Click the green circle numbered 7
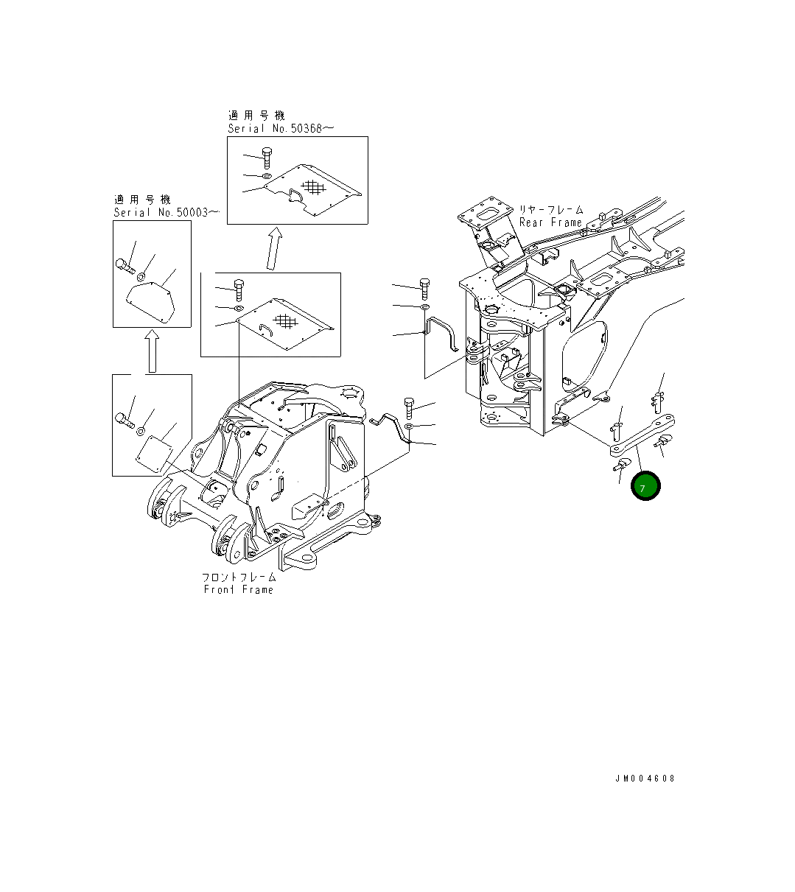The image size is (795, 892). (645, 486)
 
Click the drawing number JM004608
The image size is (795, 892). (645, 779)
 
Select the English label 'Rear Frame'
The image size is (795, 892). (550, 222)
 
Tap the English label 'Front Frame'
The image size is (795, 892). (239, 589)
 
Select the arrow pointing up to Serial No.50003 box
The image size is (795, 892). (151, 351)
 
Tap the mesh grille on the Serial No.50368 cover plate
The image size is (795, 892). (314, 187)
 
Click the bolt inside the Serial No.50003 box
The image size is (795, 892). (125, 264)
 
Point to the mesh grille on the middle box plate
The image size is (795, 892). (284, 321)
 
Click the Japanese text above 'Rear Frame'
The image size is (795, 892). (551, 210)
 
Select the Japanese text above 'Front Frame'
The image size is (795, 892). (239, 577)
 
